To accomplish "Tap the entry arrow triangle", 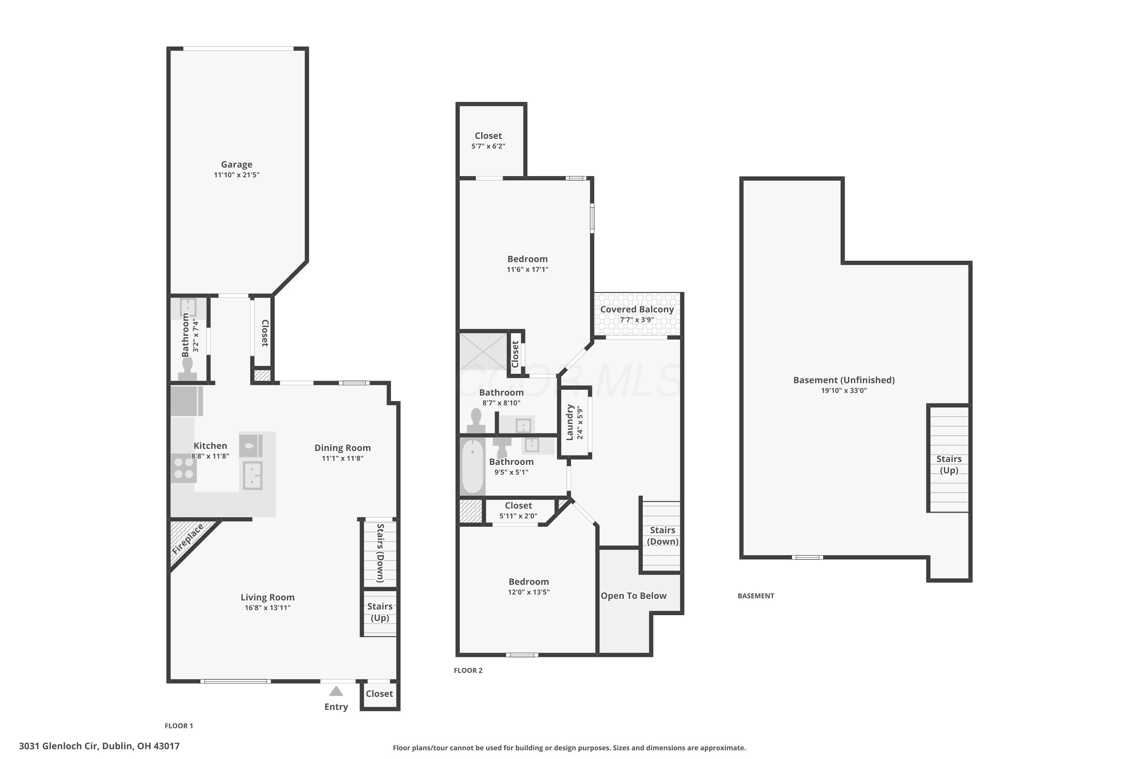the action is click(336, 691).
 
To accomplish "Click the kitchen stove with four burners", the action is click(183, 468).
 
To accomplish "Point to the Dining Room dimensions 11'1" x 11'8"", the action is click(342, 458).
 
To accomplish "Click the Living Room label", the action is click(267, 597).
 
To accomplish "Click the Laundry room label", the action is click(569, 422).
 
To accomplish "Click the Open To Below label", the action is click(633, 596).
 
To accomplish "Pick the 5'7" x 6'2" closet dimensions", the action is click(488, 146).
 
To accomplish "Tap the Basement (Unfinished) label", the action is click(844, 380).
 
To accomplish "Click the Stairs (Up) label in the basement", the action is click(949, 465).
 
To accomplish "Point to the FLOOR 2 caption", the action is click(468, 671).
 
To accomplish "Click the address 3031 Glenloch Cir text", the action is click(59, 746).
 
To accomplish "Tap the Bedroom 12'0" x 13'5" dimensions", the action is click(528, 592).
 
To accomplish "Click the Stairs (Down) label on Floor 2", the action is click(663, 536).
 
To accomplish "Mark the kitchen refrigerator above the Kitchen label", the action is click(186, 401).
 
